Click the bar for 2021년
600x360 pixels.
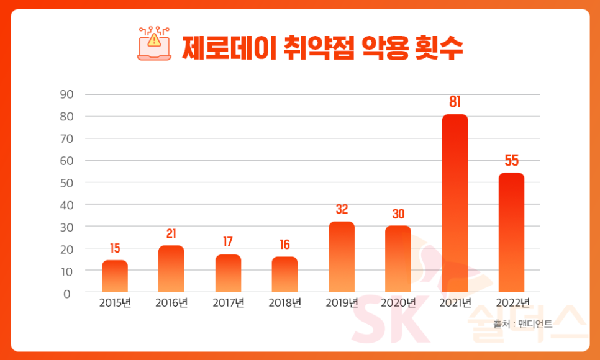click(455, 203)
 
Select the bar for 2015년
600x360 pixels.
click(115, 276)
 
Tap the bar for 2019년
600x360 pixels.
click(342, 257)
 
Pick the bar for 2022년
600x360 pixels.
click(511, 232)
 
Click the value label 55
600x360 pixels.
click(511, 161)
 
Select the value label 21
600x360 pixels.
click(171, 234)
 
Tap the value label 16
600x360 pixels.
click(284, 245)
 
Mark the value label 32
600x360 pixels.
click(342, 210)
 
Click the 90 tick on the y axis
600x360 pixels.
click(66, 94)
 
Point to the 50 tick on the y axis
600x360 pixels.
click(66, 182)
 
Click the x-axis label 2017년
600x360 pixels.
click(229, 304)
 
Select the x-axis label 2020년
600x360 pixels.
click(398, 304)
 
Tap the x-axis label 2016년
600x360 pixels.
click(171, 304)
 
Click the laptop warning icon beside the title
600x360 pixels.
click(153, 43)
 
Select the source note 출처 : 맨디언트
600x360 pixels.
click(522, 323)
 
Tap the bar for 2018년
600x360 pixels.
click(284, 274)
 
